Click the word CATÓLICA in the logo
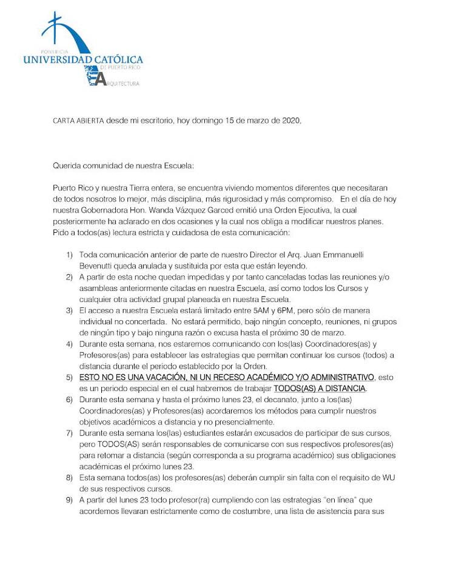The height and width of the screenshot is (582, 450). [x=118, y=59]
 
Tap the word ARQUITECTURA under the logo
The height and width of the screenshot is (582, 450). [x=124, y=83]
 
